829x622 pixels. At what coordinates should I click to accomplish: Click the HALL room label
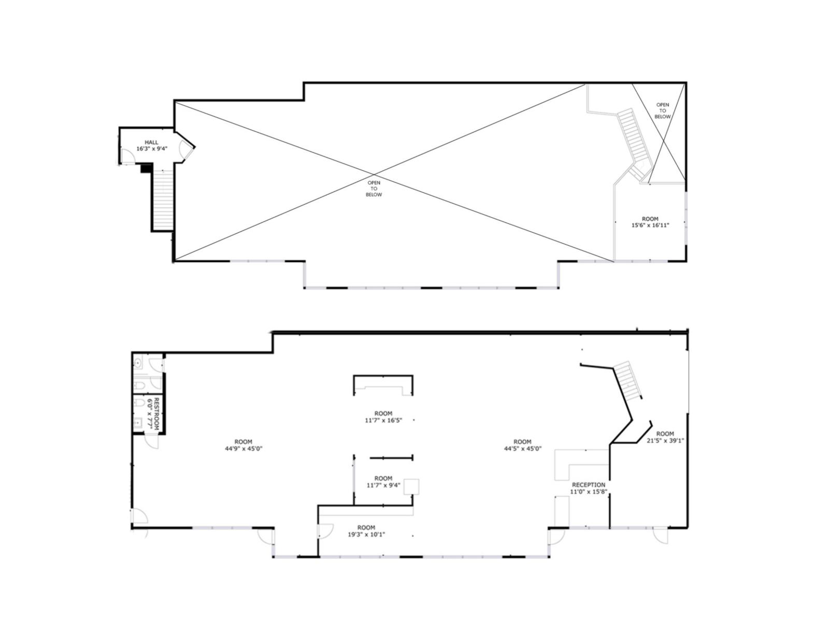(151, 143)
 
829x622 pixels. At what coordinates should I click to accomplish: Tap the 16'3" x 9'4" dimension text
(151, 149)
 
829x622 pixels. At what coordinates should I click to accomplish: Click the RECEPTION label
(588, 485)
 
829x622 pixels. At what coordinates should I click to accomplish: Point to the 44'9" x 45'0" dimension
(243, 449)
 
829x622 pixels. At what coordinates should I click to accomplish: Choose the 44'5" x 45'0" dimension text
(522, 449)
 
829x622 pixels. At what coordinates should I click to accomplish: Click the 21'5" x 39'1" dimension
(665, 441)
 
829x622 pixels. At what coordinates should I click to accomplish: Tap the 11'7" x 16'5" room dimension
(383, 420)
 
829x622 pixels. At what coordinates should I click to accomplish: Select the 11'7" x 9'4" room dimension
(383, 485)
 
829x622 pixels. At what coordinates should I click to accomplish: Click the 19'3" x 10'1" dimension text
(366, 534)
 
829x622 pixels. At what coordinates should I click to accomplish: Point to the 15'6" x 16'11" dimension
(650, 225)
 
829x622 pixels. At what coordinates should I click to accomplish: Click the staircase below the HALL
(163, 200)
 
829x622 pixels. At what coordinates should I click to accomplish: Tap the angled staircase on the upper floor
(635, 144)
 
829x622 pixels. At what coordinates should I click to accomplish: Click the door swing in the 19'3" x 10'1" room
(325, 531)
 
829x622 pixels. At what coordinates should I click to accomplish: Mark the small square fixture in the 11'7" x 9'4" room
(411, 486)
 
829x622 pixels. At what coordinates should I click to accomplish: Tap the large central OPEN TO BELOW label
(374, 189)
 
